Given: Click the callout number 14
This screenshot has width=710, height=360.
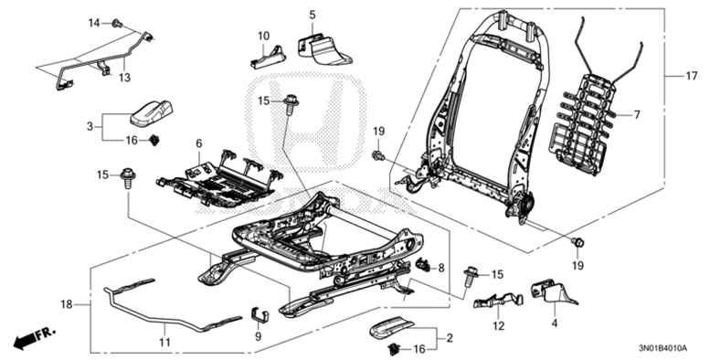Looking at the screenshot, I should click(94, 22).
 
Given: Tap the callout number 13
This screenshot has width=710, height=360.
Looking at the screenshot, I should click(125, 78).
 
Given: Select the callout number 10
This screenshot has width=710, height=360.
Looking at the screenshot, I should click(263, 37).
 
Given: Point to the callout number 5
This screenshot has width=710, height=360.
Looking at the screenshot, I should click(312, 16).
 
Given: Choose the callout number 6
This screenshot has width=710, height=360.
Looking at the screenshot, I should click(198, 143).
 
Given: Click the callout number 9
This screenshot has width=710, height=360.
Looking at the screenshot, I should click(258, 336).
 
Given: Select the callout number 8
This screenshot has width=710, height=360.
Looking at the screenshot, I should click(441, 268).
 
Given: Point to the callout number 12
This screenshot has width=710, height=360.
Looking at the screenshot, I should click(499, 325).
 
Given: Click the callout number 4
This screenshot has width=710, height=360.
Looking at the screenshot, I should click(554, 322).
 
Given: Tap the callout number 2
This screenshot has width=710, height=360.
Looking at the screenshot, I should click(449, 339).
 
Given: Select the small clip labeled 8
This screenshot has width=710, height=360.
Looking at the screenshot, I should click(423, 266).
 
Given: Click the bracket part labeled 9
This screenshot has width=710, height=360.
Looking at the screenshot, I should click(260, 315).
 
